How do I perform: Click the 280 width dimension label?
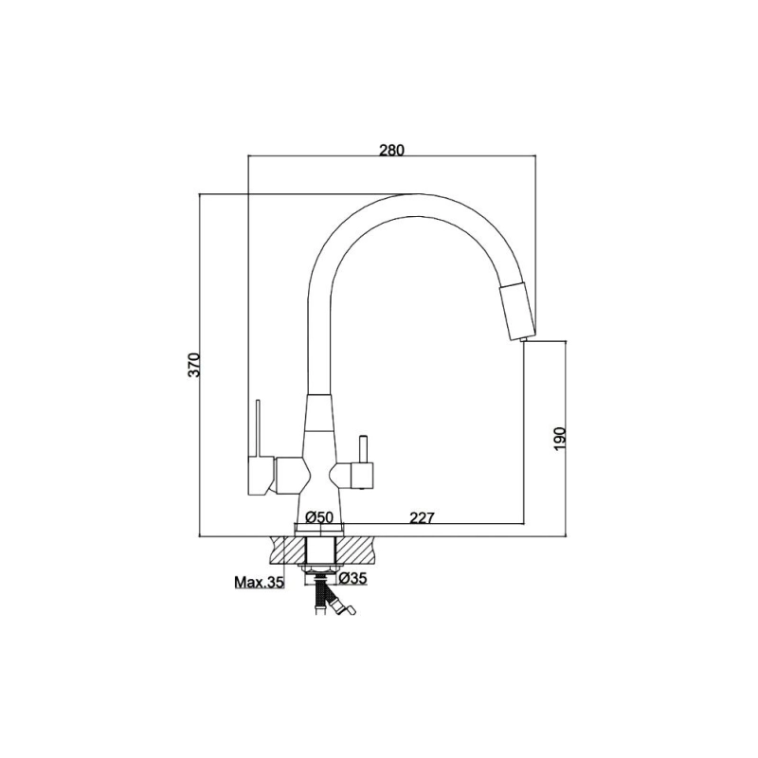coord(390,150)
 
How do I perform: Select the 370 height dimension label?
coord(193,365)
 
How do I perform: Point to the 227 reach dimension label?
coord(422,517)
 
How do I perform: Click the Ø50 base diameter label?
coord(319,517)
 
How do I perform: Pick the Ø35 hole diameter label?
coord(352,578)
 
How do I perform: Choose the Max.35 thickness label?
coord(259,582)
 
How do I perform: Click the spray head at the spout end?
coord(517,310)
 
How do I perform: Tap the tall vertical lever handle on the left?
coord(259,428)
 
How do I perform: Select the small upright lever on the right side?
coord(363,448)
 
